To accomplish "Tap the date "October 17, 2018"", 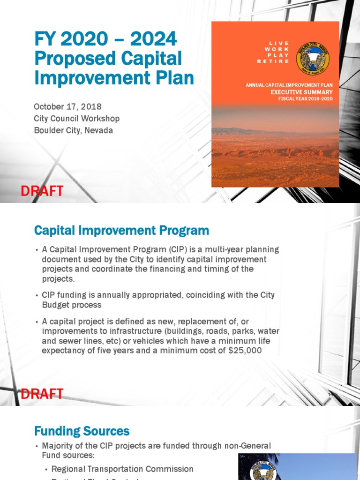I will [67, 107].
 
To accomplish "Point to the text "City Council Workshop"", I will [76, 119].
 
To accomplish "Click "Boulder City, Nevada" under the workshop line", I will [73, 130].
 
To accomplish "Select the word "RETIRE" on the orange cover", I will [273, 61].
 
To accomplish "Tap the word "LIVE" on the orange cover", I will [279, 43].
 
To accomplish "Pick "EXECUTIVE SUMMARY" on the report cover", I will [301, 92].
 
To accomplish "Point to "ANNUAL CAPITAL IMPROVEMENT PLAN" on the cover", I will [289, 85].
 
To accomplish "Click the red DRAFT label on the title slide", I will [42, 191].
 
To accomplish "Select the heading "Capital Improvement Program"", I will [121, 231].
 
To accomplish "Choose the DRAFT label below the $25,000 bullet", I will [42, 394].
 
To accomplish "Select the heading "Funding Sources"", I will [82, 431].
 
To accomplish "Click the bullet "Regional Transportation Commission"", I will [122, 469].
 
